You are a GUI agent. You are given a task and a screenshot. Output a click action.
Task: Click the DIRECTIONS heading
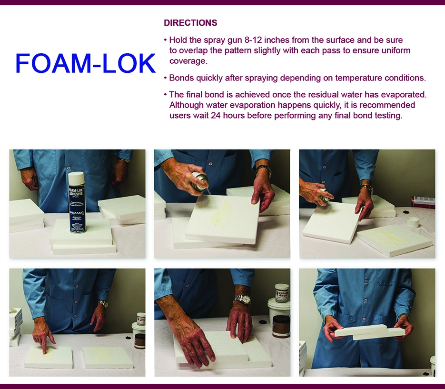[x=190, y=23]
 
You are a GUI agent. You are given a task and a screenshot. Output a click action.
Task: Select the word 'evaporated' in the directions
[x=399, y=95]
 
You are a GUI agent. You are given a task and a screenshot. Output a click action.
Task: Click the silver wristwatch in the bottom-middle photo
[x=242, y=300]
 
